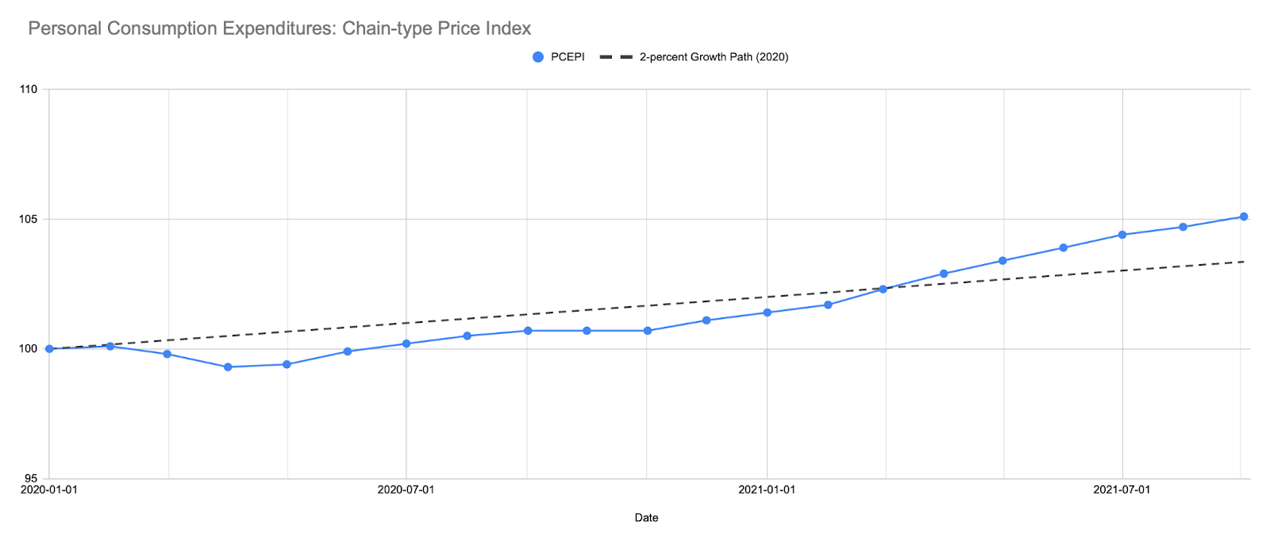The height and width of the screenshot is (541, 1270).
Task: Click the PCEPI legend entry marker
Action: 538,57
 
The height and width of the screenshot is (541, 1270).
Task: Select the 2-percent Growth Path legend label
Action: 714,57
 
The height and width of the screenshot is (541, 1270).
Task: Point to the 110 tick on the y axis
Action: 29,89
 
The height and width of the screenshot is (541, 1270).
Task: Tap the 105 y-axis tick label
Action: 29,219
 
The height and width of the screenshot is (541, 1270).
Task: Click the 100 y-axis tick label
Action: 29,349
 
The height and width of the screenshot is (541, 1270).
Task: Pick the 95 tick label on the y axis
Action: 30,478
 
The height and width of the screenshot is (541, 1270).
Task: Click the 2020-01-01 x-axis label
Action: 49,489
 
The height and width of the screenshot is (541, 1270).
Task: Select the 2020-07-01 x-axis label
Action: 406,489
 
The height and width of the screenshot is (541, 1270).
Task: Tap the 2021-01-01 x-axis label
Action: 767,489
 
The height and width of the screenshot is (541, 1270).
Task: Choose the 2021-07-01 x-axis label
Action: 1122,489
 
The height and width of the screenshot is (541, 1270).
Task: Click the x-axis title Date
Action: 646,518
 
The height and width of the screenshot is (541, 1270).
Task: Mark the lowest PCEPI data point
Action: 228,367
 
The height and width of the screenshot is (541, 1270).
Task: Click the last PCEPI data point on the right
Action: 1244,217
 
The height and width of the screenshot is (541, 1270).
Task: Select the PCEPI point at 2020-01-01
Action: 49,349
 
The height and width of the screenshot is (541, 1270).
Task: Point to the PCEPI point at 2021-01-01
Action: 767,313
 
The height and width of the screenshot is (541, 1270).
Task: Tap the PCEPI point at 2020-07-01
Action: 406,343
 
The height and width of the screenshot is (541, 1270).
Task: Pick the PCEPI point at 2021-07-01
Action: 1122,235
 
